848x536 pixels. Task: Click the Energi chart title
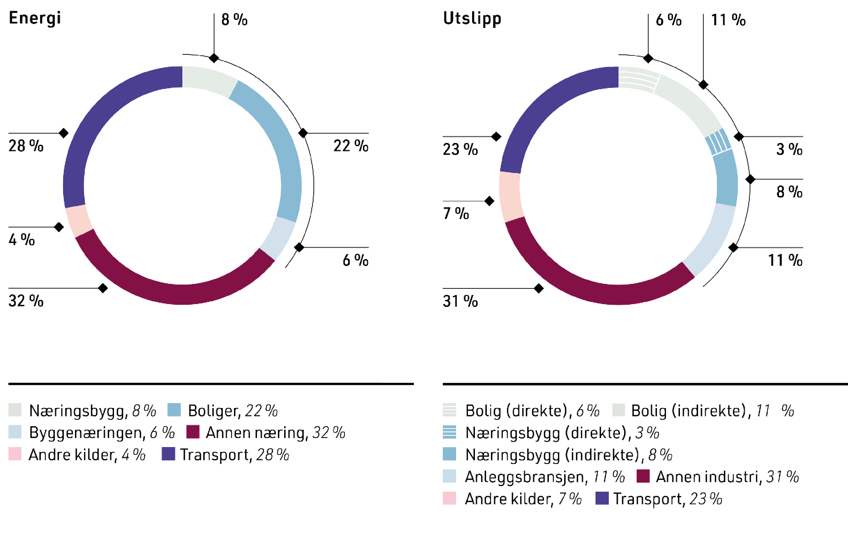[35, 18]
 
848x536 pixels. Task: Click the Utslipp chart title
[472, 19]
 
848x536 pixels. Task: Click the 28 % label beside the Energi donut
[26, 146]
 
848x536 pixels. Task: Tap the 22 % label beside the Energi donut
[351, 146]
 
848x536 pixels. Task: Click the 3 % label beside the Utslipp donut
[789, 149]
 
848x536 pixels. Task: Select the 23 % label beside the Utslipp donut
[460, 149]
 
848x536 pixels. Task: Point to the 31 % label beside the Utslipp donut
[460, 301]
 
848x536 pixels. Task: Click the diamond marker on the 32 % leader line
[103, 288]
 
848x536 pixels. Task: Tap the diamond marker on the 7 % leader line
[489, 201]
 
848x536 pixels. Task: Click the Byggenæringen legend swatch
[15, 432]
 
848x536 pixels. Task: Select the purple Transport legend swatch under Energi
[168, 454]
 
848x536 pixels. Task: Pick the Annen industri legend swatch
[643, 476]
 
